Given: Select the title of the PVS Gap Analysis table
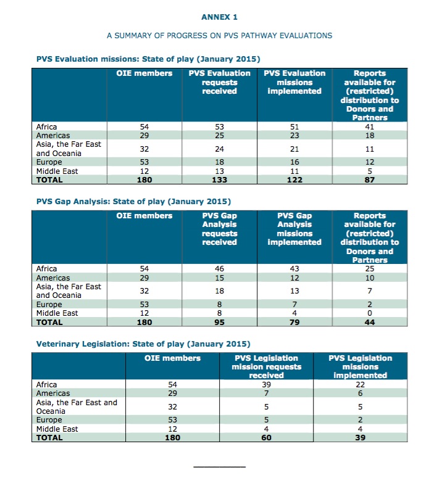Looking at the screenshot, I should point(133,202).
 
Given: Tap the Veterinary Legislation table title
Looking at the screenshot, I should point(143,344).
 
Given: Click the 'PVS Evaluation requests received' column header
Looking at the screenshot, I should point(219,82).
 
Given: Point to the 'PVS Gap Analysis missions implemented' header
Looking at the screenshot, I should point(294,229).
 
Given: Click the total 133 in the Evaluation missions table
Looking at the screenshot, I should point(219,179).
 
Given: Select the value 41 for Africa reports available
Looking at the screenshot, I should point(370,127).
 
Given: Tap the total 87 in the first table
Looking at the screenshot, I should point(370,179).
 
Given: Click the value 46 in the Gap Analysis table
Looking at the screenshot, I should point(219,269).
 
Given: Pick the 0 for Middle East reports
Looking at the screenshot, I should point(370,313).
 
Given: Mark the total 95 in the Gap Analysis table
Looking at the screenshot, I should point(219,321).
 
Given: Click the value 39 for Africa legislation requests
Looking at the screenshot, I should point(265,384).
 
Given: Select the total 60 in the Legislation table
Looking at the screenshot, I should point(265,437).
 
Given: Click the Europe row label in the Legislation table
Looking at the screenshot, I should point(49,420).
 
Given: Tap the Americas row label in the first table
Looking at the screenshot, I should point(53,135).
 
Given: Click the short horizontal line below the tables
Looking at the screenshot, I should point(219,466).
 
